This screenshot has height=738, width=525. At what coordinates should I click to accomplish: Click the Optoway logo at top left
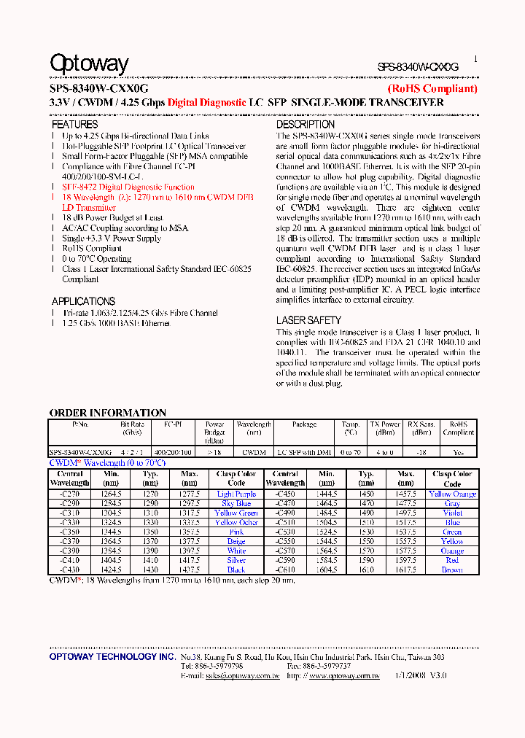pos(89,64)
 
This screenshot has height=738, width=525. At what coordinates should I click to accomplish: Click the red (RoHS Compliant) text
pos(432,89)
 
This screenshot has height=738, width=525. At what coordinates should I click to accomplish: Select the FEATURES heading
pos(75,125)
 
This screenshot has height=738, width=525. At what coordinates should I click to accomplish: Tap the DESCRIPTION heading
pos(306,125)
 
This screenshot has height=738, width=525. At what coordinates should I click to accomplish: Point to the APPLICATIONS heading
pos(83,301)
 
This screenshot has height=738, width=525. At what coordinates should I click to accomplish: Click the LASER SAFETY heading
pos(308,320)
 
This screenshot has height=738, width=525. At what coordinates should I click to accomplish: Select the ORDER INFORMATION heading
pos(107,413)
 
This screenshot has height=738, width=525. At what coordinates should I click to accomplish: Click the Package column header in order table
pos(304,424)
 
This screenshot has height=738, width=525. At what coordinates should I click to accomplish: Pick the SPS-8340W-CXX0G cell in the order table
pos(80,452)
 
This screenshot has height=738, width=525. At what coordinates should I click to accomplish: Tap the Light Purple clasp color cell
pos(236,494)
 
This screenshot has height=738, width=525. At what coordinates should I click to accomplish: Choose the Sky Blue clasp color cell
pos(236,504)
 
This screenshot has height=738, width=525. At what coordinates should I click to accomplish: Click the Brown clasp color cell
pos(452,570)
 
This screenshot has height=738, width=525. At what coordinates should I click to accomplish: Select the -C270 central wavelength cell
pos(70,494)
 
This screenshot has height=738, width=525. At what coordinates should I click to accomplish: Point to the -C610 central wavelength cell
pos(285,570)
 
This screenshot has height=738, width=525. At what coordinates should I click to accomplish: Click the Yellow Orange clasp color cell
pos(452,494)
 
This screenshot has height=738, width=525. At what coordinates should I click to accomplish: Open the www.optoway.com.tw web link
pos(344,676)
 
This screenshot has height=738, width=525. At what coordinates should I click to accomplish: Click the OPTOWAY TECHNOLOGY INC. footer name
pos(112,657)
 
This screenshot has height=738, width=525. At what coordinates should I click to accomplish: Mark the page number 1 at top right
pos(475,59)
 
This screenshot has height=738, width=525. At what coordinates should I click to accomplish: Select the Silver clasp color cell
pos(236,560)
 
